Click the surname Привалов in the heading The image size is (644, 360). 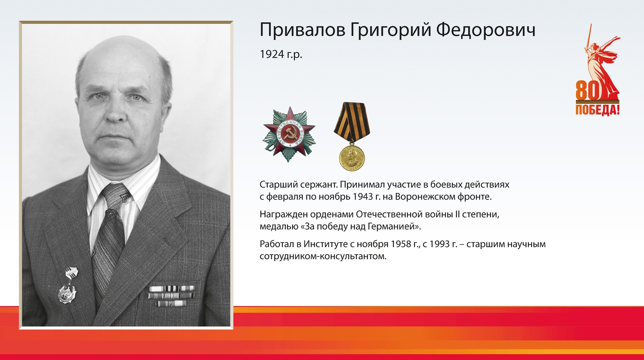(x=302, y=30)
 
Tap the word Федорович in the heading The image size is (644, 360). (x=486, y=30)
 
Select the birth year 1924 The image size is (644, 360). (x=272, y=54)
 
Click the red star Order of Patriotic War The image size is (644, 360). (x=289, y=134)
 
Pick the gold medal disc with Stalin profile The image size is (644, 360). (x=352, y=158)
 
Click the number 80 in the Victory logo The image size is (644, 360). (x=587, y=90)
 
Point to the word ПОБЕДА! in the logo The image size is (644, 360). (x=597, y=110)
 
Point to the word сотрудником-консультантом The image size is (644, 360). (x=323, y=256)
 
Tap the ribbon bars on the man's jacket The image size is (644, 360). (x=171, y=295)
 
